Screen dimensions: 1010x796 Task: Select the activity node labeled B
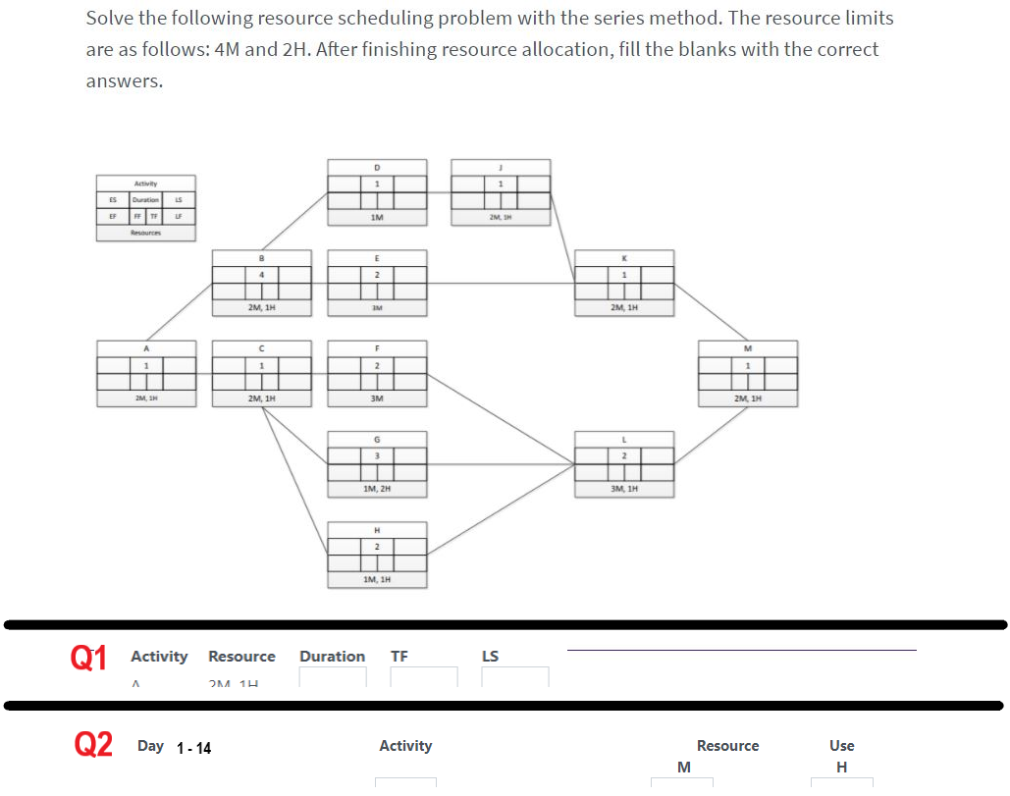click(262, 284)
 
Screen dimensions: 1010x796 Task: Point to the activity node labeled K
click(624, 284)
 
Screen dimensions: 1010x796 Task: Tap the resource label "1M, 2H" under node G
click(377, 488)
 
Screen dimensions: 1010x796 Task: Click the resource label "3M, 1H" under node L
click(624, 488)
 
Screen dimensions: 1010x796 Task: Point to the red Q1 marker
click(89, 657)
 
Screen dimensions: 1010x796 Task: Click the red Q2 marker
click(93, 746)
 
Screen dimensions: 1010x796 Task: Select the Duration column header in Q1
click(332, 657)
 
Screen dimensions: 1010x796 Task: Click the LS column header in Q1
click(491, 657)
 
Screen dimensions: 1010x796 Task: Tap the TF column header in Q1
click(399, 657)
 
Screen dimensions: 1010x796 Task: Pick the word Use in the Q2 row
click(841, 746)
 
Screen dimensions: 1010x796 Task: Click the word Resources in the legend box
click(145, 233)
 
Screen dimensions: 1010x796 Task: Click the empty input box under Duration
click(332, 676)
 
